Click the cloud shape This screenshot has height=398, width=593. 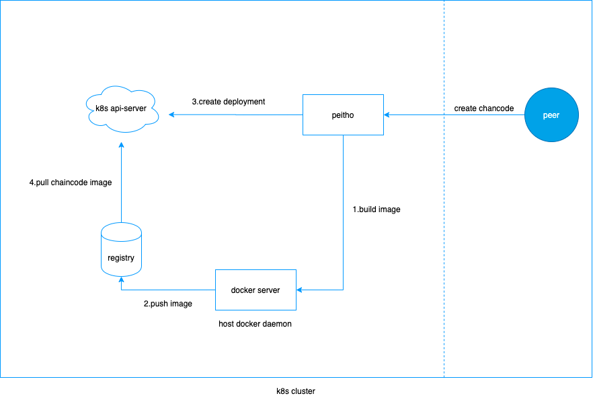122,109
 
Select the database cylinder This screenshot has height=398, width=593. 121,251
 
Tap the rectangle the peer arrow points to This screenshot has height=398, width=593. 343,115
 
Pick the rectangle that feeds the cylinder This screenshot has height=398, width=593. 255,290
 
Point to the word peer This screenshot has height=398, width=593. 551,116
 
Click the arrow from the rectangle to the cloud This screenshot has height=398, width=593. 235,114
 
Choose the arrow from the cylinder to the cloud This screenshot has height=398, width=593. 121,182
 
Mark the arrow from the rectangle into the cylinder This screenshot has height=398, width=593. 168,290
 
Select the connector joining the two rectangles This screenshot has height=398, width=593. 343,215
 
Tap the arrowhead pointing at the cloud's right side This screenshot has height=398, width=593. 172,114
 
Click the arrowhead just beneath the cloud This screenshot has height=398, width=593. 121,144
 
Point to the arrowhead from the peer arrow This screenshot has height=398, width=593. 387,115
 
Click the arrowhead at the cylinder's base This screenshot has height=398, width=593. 121,279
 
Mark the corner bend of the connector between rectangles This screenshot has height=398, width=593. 343,290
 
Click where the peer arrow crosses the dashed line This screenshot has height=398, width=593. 444,115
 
